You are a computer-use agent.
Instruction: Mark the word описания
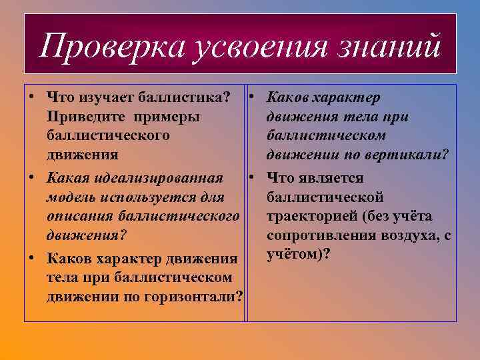(79, 217)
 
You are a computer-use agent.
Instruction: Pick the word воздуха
(402, 236)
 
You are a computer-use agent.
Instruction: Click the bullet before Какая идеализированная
(31, 179)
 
